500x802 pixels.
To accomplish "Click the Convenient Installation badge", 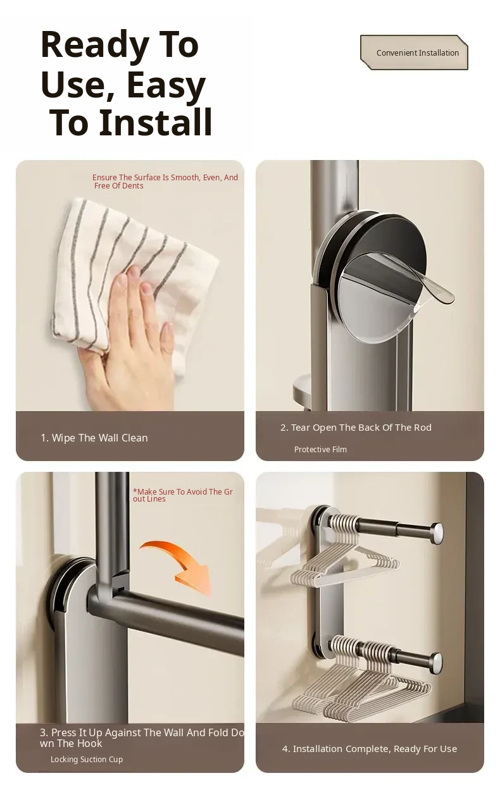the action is click(x=414, y=52).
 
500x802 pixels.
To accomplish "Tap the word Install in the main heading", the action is click(x=156, y=123).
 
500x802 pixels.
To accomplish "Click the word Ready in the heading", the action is click(x=94, y=46).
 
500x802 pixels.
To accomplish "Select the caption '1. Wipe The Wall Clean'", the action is click(x=94, y=438).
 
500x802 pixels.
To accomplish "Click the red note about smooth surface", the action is click(x=165, y=182).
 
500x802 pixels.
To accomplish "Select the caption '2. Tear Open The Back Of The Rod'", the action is click(x=356, y=428).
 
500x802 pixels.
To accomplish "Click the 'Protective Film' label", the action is click(x=320, y=449).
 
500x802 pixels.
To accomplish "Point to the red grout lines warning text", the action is click(x=183, y=495).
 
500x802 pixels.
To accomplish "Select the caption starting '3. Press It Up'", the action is click(x=142, y=738).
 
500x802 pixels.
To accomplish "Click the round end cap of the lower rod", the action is click(x=436, y=660).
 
